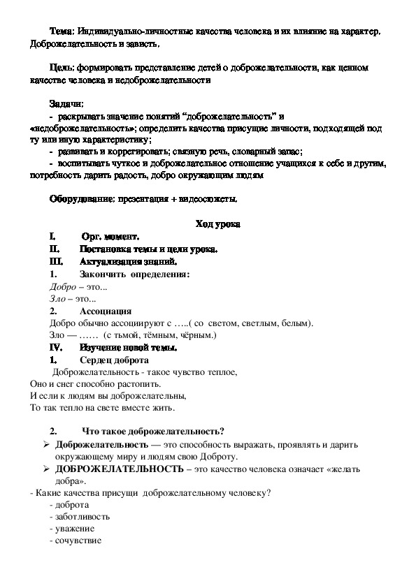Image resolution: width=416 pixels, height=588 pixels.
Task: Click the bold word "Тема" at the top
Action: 62,33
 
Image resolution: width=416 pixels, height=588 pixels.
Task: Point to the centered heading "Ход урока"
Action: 217,225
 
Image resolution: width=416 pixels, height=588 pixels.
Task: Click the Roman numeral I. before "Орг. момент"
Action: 52,237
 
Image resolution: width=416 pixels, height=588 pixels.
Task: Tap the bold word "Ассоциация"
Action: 106,311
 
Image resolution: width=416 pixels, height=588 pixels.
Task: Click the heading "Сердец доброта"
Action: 114,360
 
